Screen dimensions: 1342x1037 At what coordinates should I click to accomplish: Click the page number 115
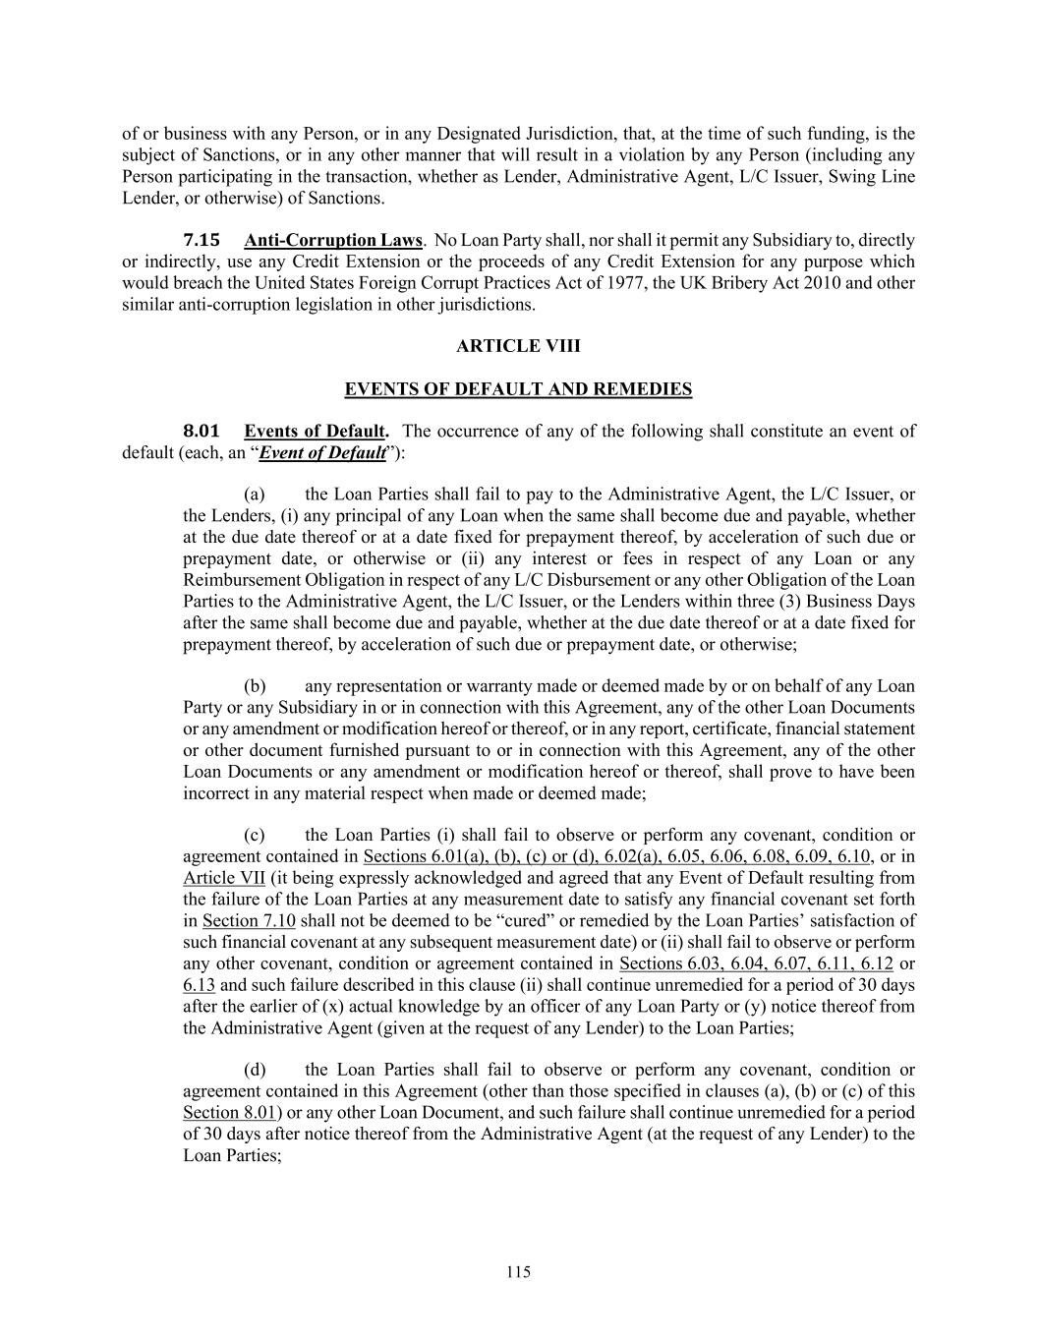[x=518, y=1272]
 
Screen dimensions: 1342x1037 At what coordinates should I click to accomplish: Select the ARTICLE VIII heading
[x=518, y=346]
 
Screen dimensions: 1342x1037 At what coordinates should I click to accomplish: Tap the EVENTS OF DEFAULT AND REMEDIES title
[x=518, y=389]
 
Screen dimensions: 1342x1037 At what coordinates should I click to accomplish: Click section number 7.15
[x=202, y=241]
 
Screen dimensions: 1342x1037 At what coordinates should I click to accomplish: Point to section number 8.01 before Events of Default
[x=202, y=432]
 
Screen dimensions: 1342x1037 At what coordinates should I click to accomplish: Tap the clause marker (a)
[x=255, y=495]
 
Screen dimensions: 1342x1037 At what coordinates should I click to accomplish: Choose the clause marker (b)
[x=255, y=686]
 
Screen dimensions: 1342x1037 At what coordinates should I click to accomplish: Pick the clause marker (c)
[x=255, y=836]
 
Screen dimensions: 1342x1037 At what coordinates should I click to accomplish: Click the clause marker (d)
[x=255, y=1070]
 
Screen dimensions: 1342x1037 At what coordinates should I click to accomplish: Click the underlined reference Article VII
[x=223, y=878]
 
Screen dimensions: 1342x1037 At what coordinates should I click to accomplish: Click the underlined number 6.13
[x=199, y=985]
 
